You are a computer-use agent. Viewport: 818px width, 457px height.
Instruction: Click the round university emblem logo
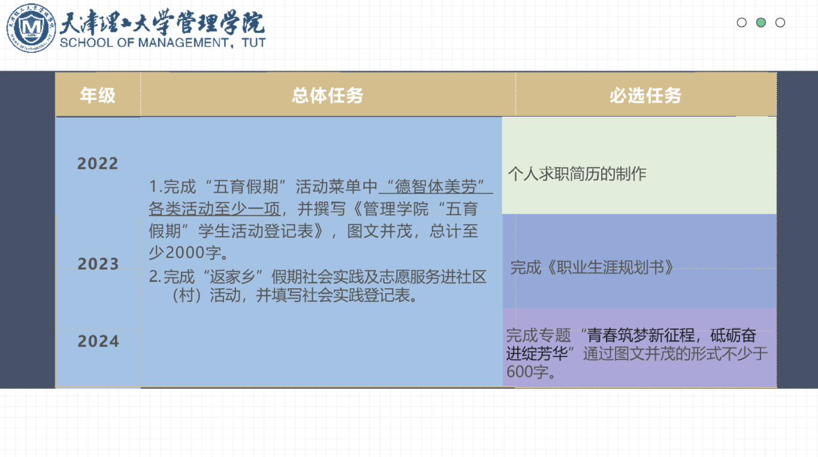click(x=31, y=28)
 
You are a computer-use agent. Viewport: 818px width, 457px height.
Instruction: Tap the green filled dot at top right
click(x=761, y=23)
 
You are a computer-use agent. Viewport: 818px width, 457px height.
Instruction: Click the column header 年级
click(x=98, y=95)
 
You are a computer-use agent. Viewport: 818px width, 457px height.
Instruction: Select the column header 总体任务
click(x=327, y=96)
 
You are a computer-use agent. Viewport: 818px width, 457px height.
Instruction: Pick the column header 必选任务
click(x=646, y=96)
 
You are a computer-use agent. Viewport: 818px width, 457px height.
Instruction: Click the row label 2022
click(x=98, y=163)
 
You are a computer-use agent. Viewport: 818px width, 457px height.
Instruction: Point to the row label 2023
click(x=98, y=264)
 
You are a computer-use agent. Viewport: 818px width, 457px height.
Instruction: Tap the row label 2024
click(x=98, y=341)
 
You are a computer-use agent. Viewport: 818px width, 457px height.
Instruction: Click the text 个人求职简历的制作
click(x=577, y=173)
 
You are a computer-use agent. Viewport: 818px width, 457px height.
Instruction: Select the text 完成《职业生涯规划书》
click(x=592, y=267)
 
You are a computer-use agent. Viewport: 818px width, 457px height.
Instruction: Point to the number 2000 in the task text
click(x=184, y=252)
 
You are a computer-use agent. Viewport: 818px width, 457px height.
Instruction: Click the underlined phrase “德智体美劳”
click(x=436, y=187)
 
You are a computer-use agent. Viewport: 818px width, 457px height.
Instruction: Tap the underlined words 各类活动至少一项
click(x=214, y=209)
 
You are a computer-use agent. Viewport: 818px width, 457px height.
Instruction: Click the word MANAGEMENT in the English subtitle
click(x=183, y=42)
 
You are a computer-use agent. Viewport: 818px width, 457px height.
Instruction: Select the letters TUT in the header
click(x=253, y=42)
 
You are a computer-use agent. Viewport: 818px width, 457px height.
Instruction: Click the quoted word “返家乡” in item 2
click(x=235, y=277)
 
